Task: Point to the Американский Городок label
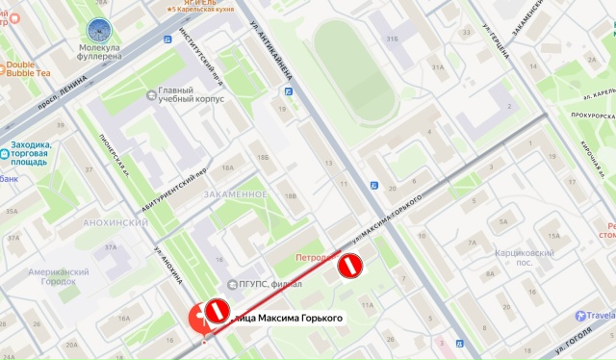58,277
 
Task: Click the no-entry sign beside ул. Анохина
218,310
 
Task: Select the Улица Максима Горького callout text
288,318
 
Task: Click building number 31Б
392,39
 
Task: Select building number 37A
110,247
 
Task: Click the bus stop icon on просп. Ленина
167,39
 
